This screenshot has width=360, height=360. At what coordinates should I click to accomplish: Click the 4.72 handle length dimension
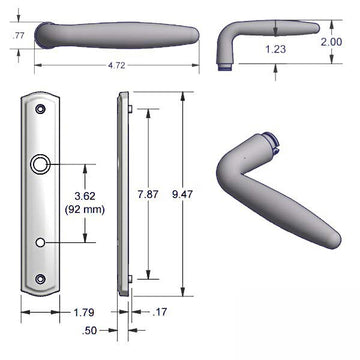click(117, 65)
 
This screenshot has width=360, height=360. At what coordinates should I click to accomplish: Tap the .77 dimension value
click(18, 35)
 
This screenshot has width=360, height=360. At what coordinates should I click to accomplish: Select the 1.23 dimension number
click(276, 49)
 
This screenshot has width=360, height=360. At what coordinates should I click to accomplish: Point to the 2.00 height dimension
click(331, 42)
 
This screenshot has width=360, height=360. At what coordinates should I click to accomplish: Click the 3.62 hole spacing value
click(85, 196)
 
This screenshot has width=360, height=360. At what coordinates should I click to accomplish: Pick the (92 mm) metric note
click(85, 210)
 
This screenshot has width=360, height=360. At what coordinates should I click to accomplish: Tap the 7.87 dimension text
click(148, 194)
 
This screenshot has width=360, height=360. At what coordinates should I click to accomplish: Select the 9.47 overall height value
click(182, 194)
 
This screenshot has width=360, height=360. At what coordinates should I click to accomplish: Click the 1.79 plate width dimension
click(84, 312)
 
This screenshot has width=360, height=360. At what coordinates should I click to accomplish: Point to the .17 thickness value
click(159, 312)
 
